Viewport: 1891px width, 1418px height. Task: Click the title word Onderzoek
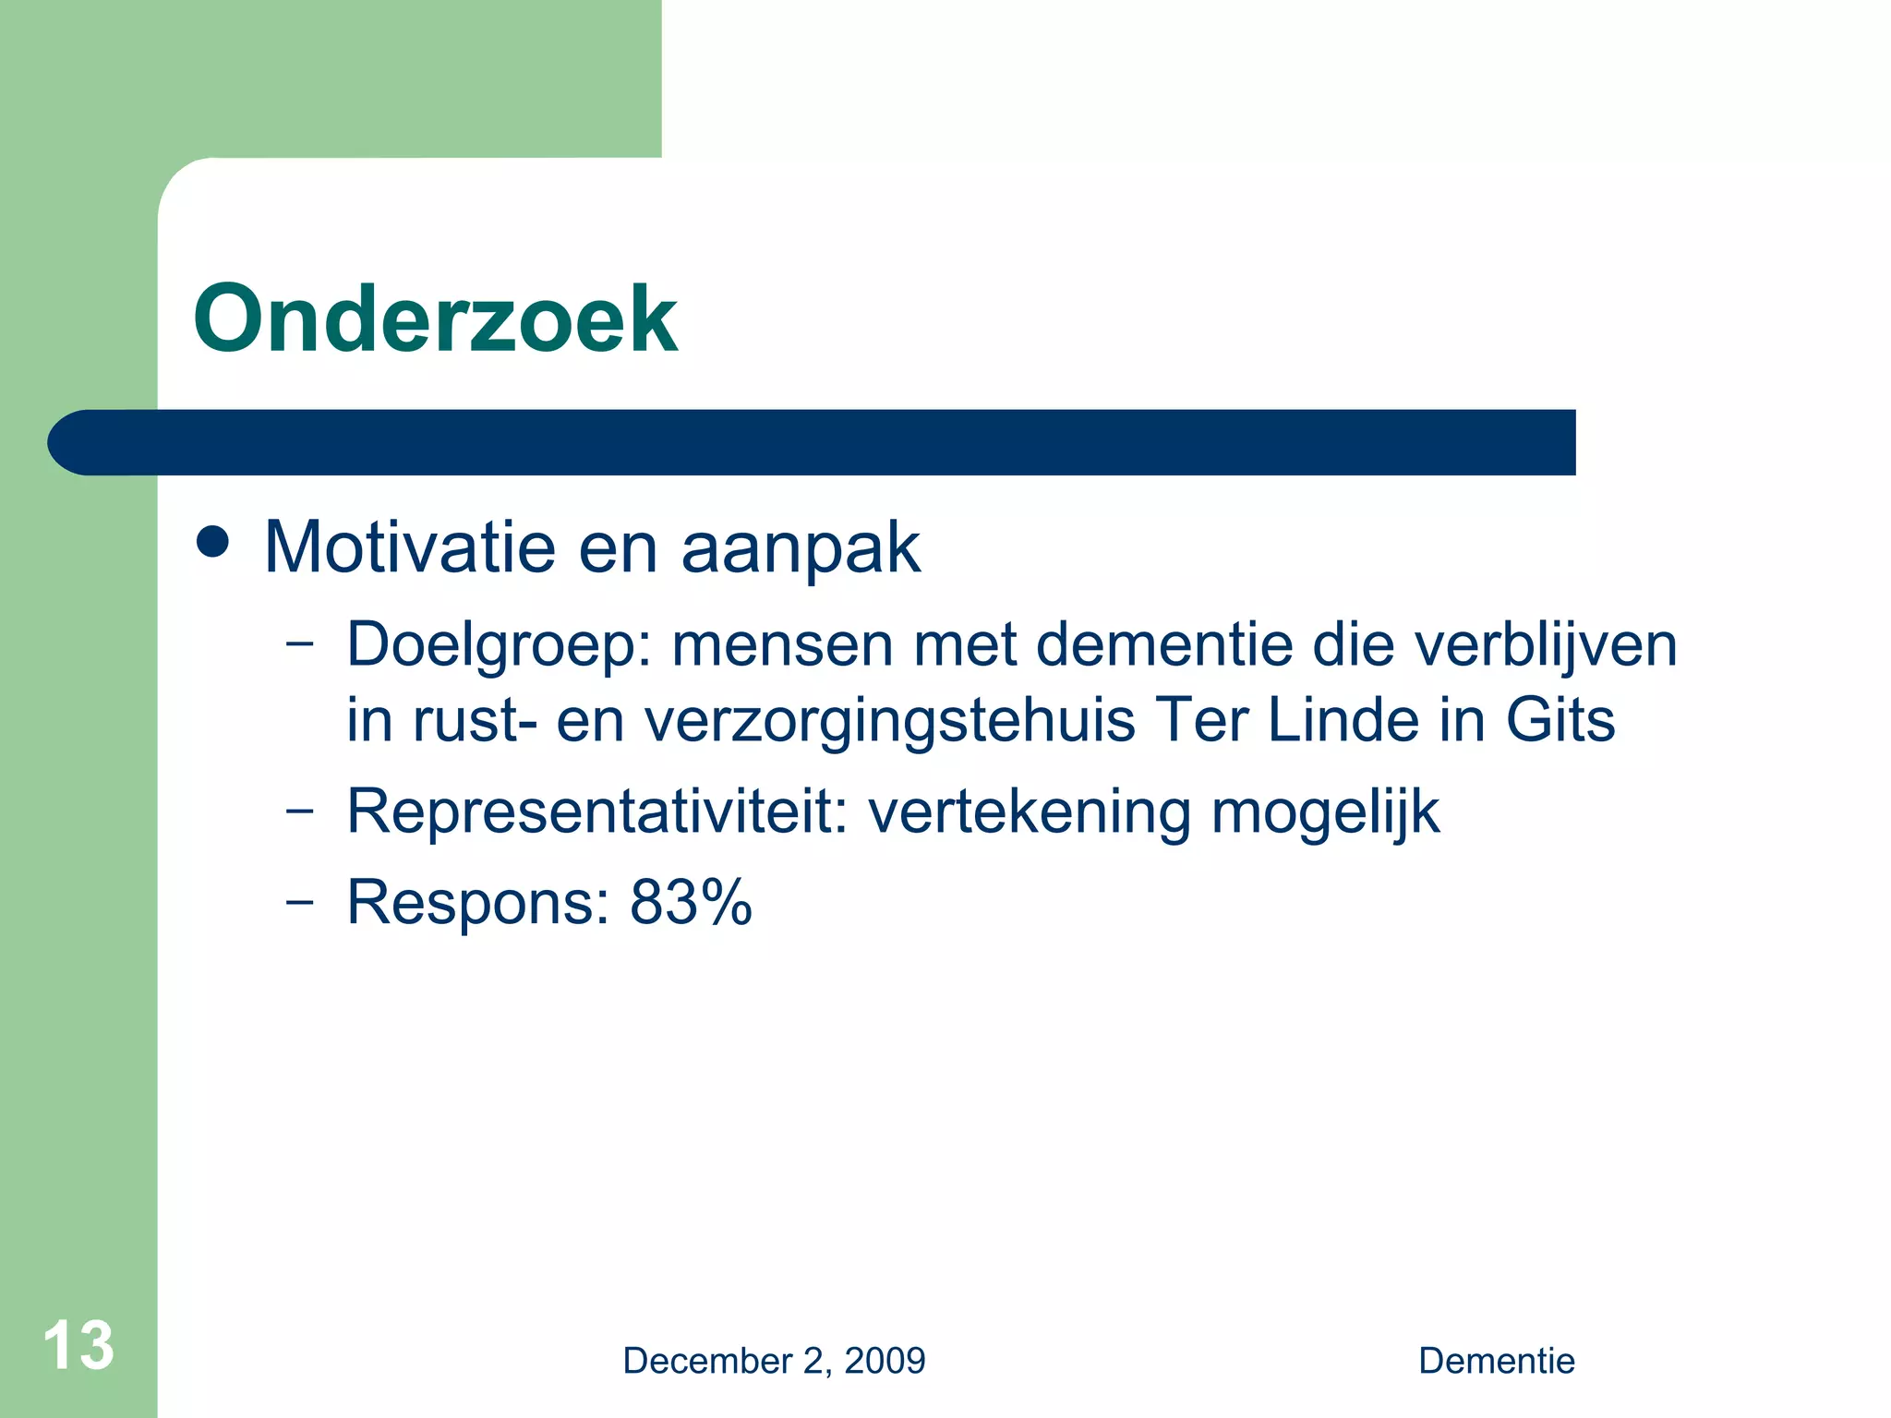pos(435,319)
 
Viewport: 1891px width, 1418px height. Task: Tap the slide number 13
pos(78,1345)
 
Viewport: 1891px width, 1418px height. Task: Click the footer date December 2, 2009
pos(774,1361)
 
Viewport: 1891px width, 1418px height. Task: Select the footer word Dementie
pos(1496,1361)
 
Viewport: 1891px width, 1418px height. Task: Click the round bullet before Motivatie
pos(212,542)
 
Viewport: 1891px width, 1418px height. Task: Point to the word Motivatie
pos(410,547)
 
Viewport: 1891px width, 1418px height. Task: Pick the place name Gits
pos(1560,720)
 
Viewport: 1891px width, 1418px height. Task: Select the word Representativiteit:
pos(596,812)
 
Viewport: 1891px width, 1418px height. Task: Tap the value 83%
pos(691,902)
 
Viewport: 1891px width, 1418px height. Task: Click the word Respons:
pos(478,904)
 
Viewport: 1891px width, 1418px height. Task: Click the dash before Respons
pos(299,901)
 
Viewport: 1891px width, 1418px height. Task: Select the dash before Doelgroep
pos(299,643)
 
